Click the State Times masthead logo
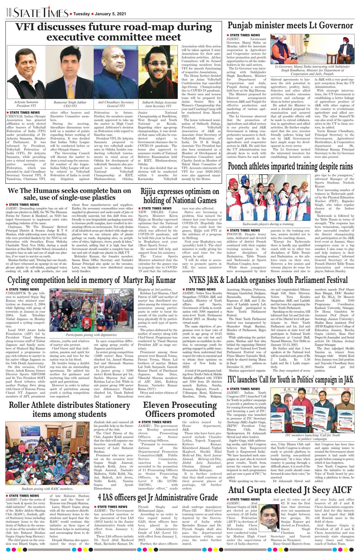41,13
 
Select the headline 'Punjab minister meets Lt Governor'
290,25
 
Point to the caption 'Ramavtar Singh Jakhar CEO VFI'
70,104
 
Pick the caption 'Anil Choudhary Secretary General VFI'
115,104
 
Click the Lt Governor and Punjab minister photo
312,49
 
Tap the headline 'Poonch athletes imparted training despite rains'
290,166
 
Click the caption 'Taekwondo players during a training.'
268,224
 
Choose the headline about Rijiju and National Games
180,196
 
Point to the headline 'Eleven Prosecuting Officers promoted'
180,410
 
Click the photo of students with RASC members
47,454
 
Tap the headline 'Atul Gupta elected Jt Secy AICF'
290,490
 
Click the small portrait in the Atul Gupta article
269,518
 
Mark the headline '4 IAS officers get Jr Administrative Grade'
158,497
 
